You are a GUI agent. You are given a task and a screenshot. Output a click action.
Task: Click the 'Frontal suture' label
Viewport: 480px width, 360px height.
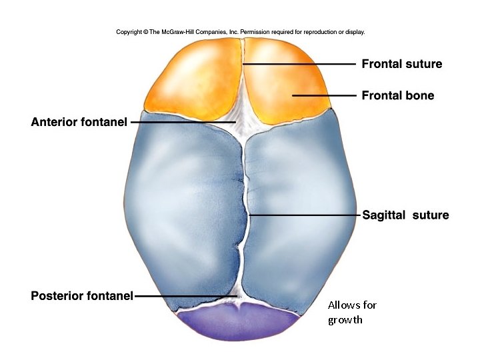(401, 64)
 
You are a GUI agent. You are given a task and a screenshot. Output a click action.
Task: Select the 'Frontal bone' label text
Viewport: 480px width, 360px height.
(397, 95)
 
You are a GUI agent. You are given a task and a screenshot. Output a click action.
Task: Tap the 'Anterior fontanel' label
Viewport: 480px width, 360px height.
(79, 123)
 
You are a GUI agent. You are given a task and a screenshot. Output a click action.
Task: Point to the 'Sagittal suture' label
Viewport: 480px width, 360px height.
(405, 215)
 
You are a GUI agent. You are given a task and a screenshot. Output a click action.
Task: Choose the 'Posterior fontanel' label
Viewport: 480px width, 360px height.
(82, 295)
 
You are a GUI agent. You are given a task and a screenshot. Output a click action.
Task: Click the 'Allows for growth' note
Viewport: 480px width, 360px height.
(352, 312)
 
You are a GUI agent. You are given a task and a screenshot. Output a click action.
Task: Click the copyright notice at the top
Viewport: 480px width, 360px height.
(240, 31)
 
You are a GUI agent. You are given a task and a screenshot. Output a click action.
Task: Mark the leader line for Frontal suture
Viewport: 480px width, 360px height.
(300, 64)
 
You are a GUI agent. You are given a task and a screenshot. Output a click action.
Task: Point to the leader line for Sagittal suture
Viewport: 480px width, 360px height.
(303, 215)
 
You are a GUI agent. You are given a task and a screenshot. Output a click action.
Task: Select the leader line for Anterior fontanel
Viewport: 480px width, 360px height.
(180, 123)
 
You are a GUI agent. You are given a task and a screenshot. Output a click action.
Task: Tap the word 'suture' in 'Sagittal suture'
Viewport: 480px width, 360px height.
(431, 215)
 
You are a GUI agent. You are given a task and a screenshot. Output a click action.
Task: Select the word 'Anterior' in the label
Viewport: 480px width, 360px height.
(55, 123)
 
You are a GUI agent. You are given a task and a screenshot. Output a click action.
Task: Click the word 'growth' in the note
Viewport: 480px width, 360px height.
(345, 319)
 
